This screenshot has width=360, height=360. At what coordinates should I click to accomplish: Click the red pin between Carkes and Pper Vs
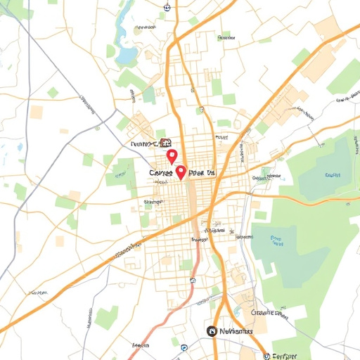click(x=181, y=172)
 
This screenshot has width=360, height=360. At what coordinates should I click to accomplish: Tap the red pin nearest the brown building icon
click(x=170, y=155)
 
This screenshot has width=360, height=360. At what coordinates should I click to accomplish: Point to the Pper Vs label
click(x=205, y=172)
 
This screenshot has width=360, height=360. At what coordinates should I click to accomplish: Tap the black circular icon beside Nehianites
click(x=211, y=330)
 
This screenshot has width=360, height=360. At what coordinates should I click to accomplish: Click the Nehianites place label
click(x=236, y=330)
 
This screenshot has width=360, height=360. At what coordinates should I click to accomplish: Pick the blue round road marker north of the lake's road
click(x=167, y=8)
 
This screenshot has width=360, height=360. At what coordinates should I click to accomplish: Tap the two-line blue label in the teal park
click(x=276, y=241)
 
